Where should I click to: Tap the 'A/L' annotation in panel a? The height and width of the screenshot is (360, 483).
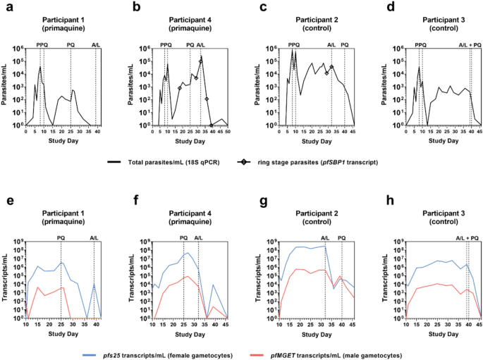click(x=96, y=45)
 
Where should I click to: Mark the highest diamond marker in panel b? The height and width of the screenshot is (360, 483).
click(x=201, y=61)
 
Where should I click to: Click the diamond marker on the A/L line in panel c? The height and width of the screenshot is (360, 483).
click(x=331, y=67)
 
